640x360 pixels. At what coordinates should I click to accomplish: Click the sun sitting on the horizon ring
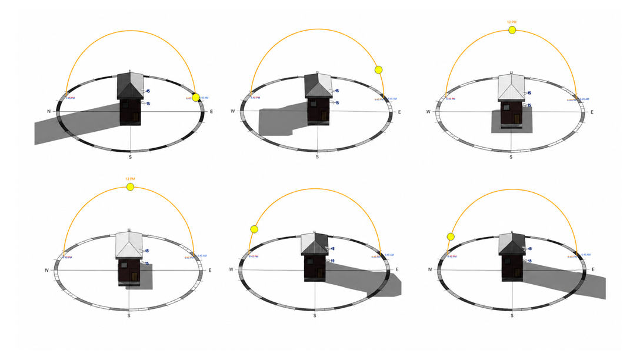click(x=196, y=98)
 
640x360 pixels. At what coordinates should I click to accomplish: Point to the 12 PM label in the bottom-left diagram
click(x=130, y=179)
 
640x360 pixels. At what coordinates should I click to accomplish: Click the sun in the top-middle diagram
click(x=378, y=70)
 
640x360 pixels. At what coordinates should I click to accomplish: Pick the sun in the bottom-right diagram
click(x=451, y=236)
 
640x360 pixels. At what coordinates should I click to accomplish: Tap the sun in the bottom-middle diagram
click(x=254, y=229)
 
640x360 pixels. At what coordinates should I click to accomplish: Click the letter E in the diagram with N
click(x=211, y=111)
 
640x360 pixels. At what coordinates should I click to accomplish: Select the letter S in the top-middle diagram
click(x=317, y=157)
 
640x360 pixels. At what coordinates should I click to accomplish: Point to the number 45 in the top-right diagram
click(x=529, y=93)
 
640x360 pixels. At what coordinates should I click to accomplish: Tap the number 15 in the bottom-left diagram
click(x=146, y=264)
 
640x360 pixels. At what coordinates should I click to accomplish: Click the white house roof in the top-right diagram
click(x=511, y=87)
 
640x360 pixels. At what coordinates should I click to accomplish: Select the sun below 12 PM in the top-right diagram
click(x=512, y=29)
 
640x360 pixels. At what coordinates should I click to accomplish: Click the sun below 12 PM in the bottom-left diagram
click(x=130, y=187)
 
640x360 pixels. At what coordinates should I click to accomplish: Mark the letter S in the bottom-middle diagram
click(x=315, y=316)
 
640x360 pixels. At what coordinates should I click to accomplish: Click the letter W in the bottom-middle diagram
click(x=233, y=270)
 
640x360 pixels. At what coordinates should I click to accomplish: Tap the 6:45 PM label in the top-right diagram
click(x=451, y=99)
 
